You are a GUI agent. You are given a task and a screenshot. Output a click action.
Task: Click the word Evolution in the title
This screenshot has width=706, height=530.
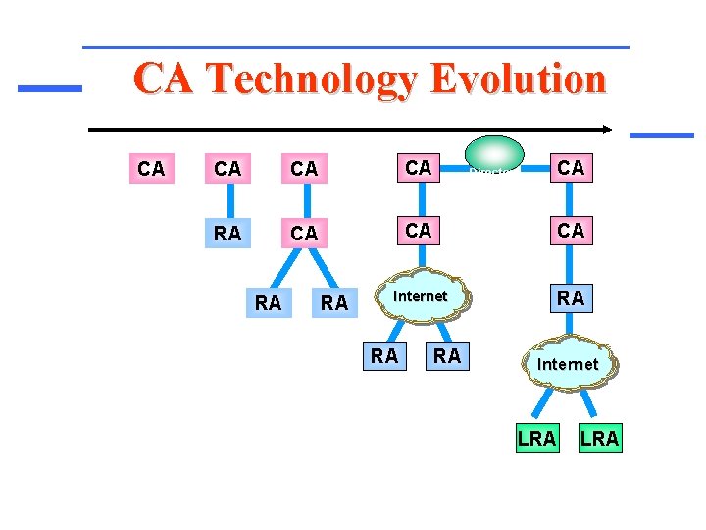517,79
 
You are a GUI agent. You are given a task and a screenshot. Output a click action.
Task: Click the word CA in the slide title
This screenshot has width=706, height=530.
160,79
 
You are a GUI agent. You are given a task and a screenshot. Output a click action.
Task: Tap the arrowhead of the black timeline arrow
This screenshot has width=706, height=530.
608,129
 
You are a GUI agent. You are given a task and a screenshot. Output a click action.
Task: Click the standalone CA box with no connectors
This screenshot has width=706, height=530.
151,169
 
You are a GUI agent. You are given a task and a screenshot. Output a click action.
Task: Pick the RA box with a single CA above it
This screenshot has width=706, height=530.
227,234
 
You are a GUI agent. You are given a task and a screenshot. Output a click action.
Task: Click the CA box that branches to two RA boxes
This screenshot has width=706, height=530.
304,234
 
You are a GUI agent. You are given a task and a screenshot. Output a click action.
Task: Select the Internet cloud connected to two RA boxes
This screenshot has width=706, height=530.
420,296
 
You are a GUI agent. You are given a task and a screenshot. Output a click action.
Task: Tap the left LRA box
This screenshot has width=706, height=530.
535,438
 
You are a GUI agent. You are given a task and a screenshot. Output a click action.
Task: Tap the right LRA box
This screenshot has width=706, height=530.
599,438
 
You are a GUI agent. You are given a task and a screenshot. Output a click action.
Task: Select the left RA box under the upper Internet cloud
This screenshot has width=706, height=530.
384,356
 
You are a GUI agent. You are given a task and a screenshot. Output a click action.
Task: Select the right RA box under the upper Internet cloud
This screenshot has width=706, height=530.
447,356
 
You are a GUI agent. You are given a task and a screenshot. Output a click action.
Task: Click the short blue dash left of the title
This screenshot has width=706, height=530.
49,88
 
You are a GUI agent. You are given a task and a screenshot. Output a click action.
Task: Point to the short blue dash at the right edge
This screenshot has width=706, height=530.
661,134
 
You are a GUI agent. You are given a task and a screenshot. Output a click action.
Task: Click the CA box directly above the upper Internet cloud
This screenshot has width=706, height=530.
419,230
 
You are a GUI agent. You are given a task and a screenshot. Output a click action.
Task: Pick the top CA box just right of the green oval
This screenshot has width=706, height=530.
570,168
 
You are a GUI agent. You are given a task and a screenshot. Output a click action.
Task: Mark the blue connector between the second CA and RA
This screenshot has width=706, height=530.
227,201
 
